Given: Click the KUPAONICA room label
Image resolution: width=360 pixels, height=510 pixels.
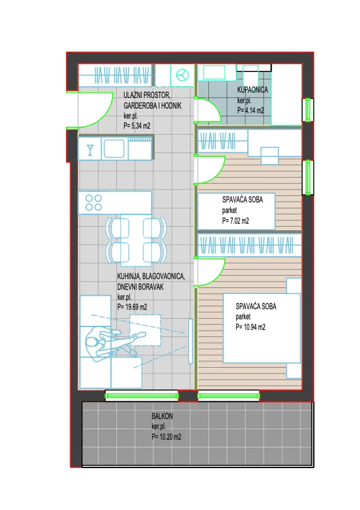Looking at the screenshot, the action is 253,90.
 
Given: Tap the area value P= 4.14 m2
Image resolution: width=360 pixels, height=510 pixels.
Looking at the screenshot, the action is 250,110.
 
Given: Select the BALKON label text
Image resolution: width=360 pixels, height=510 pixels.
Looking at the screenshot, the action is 162,416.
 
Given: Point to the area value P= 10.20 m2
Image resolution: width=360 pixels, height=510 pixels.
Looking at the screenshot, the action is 166,437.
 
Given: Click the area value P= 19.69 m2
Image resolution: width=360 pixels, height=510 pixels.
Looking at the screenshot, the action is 132,307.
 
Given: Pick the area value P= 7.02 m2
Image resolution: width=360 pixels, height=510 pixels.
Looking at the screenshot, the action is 235,221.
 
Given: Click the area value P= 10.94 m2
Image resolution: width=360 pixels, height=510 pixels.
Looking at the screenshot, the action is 250,327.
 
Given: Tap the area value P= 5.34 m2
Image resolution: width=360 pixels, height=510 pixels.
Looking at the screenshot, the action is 137,126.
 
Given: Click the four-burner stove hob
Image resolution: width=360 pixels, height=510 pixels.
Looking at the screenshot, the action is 94,202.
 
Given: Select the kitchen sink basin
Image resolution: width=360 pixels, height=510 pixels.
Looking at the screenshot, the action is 114,148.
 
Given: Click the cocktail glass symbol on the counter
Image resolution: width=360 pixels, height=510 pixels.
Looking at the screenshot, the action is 90,150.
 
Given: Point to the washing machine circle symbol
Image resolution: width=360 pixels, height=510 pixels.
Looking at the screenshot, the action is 182,76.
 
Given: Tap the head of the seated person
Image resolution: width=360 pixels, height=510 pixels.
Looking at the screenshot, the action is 91,342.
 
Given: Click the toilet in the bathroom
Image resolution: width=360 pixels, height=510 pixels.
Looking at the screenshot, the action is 250,75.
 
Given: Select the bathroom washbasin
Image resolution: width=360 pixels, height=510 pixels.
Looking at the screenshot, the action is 214,72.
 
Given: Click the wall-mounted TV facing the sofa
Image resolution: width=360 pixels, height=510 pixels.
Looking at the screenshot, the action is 191,341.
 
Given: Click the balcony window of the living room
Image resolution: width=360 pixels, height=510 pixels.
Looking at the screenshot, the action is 142,395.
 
